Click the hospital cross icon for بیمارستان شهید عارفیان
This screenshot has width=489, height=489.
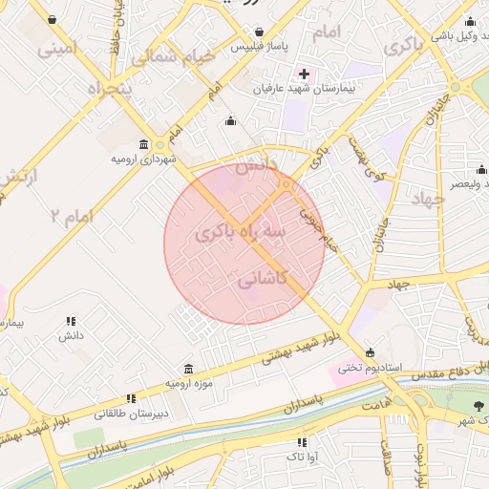click(x=305, y=74)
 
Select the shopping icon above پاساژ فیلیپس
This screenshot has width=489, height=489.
click(x=259, y=30)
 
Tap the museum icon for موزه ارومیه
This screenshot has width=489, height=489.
click(x=187, y=369)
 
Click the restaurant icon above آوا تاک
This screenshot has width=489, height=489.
click(x=303, y=442)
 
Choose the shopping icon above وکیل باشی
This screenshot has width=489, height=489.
click(x=469, y=21)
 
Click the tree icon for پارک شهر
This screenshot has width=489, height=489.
click(x=478, y=406)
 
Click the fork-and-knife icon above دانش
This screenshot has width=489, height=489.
click(x=71, y=322)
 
